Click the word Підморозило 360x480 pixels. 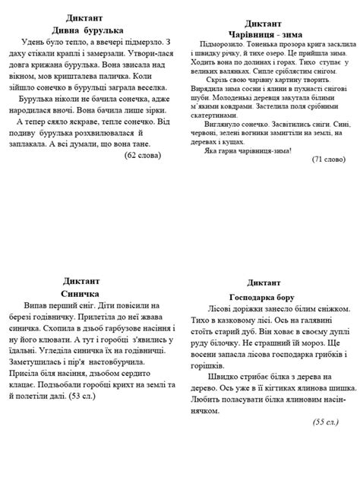click(218, 46)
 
